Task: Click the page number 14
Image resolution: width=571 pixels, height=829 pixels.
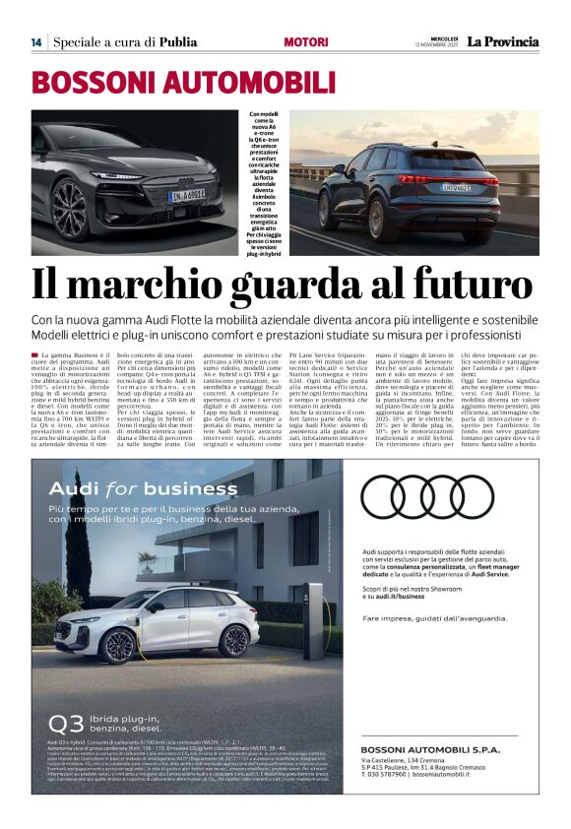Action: pyautogui.click(x=35, y=42)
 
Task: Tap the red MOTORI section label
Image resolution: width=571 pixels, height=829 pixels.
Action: pyautogui.click(x=306, y=42)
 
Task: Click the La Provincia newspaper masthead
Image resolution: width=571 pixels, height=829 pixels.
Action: pyautogui.click(x=502, y=41)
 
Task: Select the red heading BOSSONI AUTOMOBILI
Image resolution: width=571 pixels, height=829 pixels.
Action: pyautogui.click(x=170, y=82)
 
